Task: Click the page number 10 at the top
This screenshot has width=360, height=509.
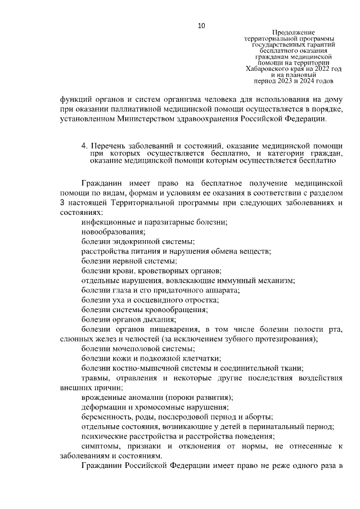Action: point(202,25)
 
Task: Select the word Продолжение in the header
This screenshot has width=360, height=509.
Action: point(293,33)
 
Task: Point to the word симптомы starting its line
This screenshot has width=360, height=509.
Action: point(100,446)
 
